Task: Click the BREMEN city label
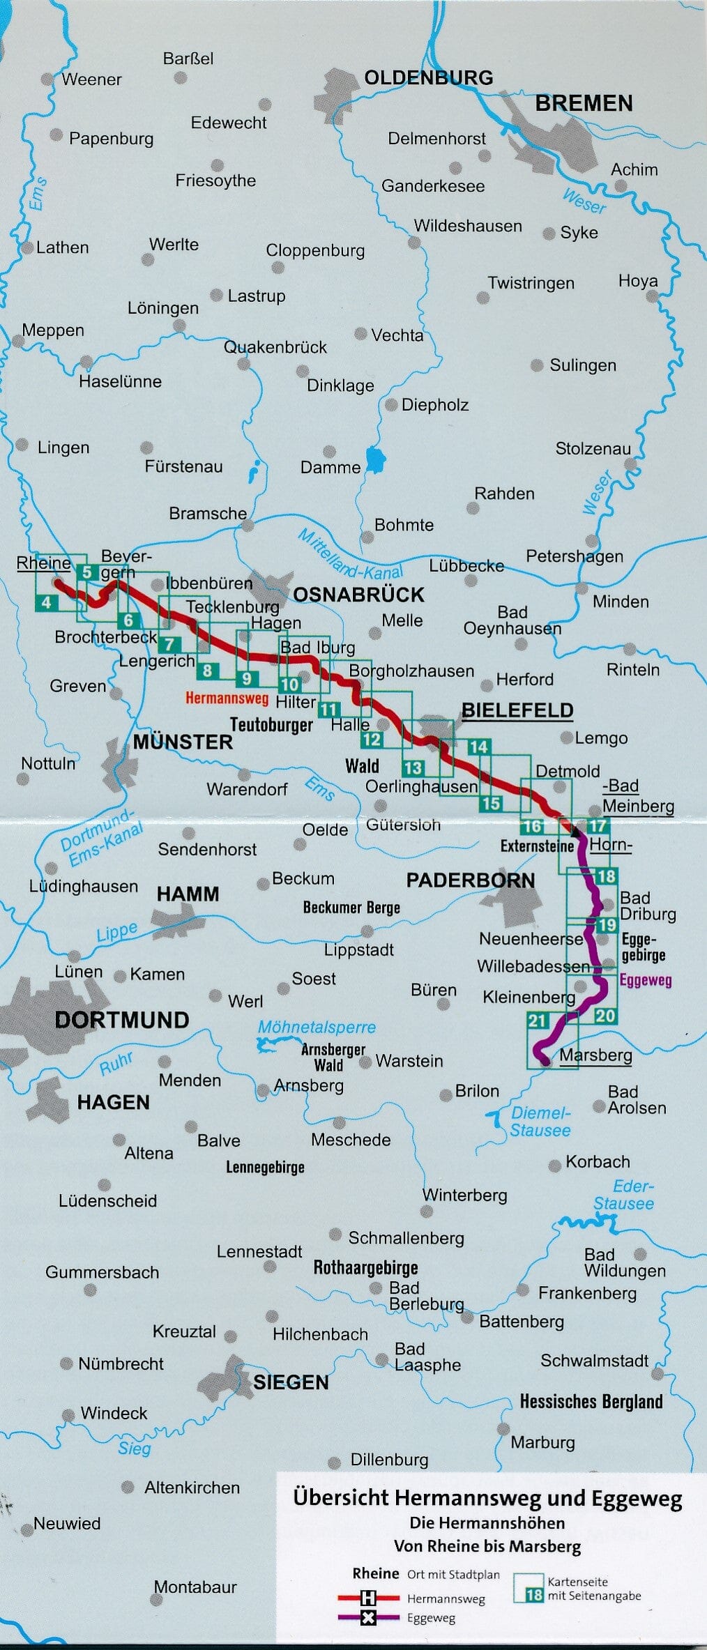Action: (x=584, y=104)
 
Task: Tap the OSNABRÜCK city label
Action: (x=358, y=595)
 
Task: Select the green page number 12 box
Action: (x=371, y=740)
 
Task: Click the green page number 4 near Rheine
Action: (x=46, y=602)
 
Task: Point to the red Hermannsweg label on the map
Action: (x=227, y=697)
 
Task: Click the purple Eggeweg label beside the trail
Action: (x=646, y=980)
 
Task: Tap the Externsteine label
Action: (x=537, y=846)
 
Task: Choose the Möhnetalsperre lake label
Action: (x=317, y=1027)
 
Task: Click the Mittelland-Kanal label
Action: (x=350, y=555)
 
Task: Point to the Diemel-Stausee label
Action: (x=540, y=1122)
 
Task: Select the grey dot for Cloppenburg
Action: (x=278, y=268)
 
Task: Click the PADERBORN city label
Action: (x=471, y=880)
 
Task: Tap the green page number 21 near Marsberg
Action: (x=537, y=1021)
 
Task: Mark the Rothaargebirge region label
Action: (x=365, y=1267)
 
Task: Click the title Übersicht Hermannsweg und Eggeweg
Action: (x=487, y=1498)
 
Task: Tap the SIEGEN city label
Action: (x=291, y=1382)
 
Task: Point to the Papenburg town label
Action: (x=111, y=139)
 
